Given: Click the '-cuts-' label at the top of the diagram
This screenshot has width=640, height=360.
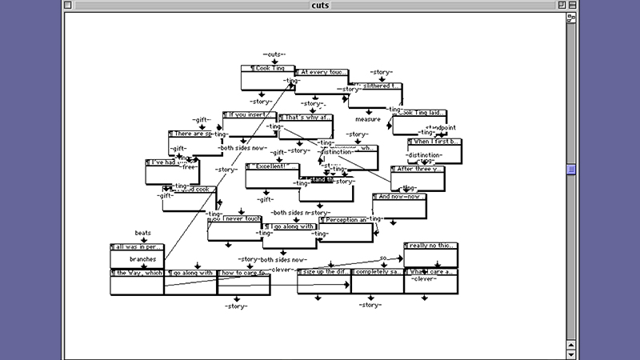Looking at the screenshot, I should coord(274,54).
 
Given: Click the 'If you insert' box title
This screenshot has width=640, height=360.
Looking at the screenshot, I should coord(249,115).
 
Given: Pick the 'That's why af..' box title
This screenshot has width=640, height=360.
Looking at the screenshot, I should coord(305,118).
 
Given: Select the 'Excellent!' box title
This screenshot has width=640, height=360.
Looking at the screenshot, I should coord(271,166).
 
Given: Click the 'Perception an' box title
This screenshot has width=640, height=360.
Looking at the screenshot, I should coord(346,219).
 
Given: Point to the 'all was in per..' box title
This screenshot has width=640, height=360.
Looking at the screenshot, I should coord(137,247).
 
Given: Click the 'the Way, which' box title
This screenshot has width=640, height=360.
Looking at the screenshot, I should coord(137,273).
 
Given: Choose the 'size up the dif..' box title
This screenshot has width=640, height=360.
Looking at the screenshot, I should coord(323,273).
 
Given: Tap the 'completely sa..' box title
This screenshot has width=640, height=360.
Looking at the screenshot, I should coord(377,273).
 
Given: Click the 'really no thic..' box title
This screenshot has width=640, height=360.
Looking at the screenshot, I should coord(430,246).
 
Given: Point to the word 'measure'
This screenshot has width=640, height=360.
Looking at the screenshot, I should coord(368,119).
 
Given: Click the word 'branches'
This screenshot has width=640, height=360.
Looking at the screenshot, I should coord(147,259).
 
